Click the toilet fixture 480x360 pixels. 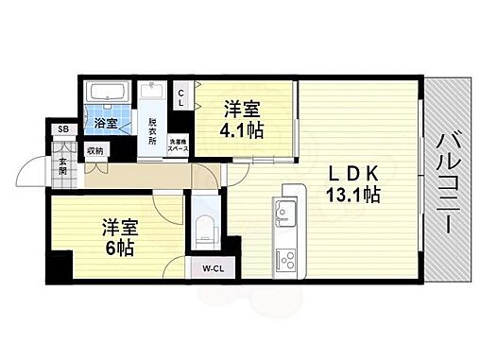[204, 227]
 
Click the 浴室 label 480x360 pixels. [105, 124]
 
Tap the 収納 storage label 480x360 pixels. [94, 149]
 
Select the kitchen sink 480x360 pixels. [285, 210]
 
